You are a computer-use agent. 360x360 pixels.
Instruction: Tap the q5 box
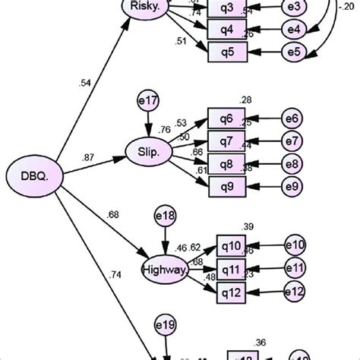point(226,52)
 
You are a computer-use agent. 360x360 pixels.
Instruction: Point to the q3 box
point(226,9)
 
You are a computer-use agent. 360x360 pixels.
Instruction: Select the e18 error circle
point(165,216)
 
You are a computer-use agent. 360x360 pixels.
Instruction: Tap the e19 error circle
point(166,326)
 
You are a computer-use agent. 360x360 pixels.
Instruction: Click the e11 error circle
point(295,267)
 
